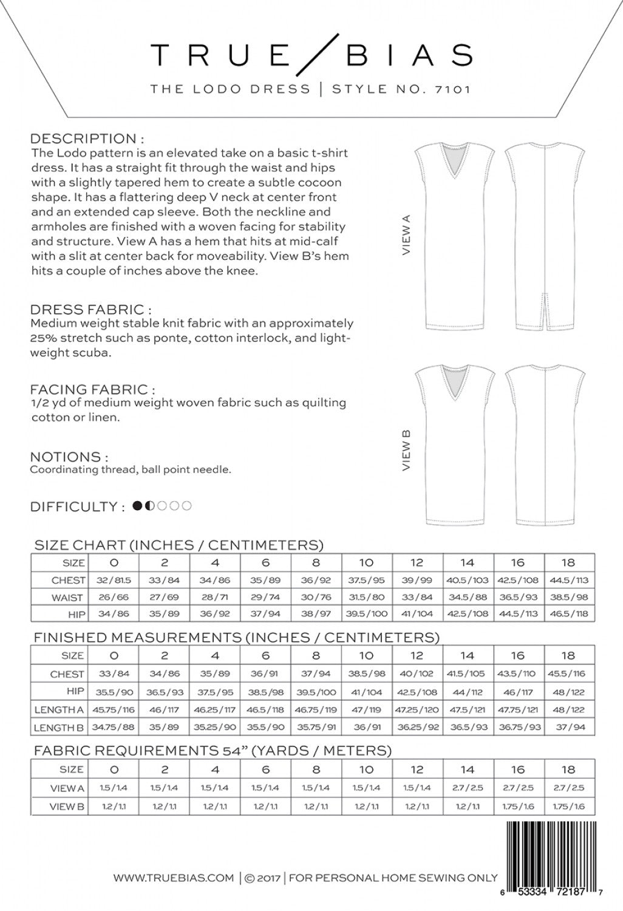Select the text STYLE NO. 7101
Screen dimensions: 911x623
click(x=401, y=89)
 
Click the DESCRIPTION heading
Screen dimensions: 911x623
click(x=87, y=138)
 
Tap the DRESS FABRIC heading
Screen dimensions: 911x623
click(x=90, y=310)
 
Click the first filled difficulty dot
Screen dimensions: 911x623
click(x=137, y=505)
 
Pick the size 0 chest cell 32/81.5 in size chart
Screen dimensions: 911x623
click(x=114, y=580)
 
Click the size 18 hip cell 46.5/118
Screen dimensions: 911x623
click(x=569, y=614)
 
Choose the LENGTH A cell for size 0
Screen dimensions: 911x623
click(x=114, y=709)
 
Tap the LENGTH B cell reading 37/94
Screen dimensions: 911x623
click(x=569, y=727)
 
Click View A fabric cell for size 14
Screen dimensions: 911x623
click(x=467, y=788)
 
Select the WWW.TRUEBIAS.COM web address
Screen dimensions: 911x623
click(x=174, y=877)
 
